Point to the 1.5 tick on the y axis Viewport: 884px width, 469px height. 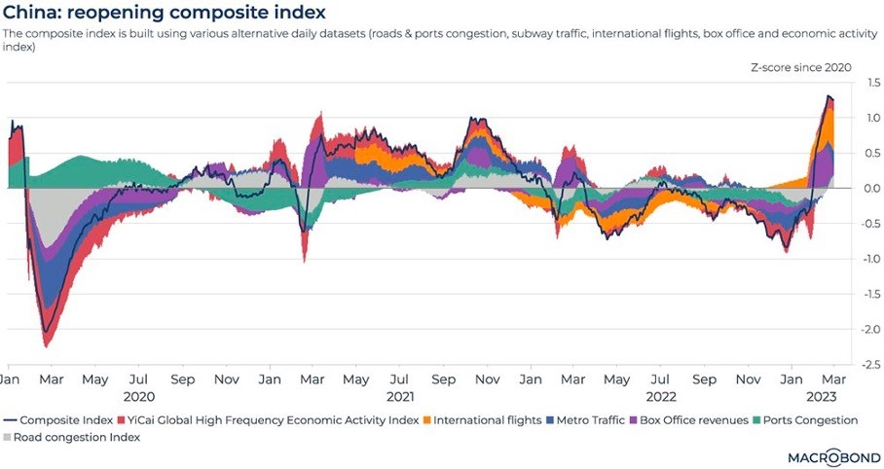(x=862, y=84)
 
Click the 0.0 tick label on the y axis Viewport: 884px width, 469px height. (x=862, y=188)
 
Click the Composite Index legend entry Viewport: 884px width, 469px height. (x=63, y=419)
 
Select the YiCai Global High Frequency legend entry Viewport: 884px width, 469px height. (x=267, y=419)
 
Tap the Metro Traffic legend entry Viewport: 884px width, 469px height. (x=594, y=419)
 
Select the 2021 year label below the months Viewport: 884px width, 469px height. (x=400, y=397)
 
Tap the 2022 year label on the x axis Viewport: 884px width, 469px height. (x=662, y=397)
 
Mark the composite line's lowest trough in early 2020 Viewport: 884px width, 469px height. (x=46, y=333)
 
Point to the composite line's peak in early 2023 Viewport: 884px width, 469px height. (x=829, y=96)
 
